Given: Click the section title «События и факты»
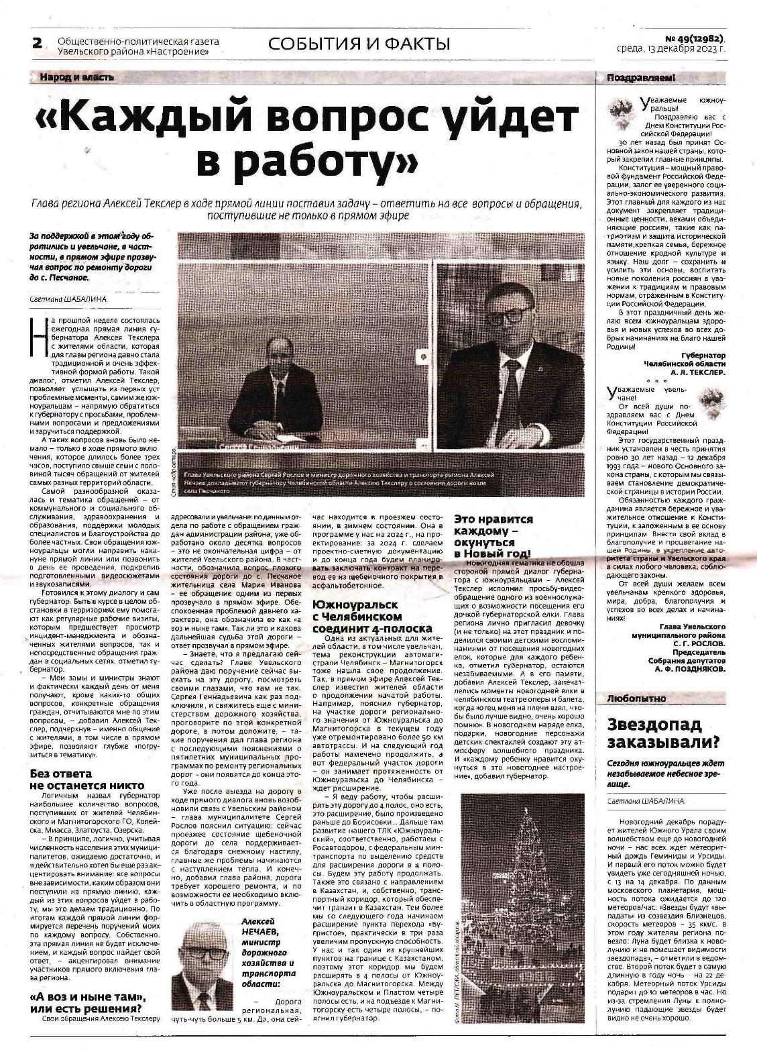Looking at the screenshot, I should [x=359, y=44].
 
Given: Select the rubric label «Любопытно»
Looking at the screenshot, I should [x=636, y=698].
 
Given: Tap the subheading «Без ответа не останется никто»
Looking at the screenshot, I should [x=87, y=780].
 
